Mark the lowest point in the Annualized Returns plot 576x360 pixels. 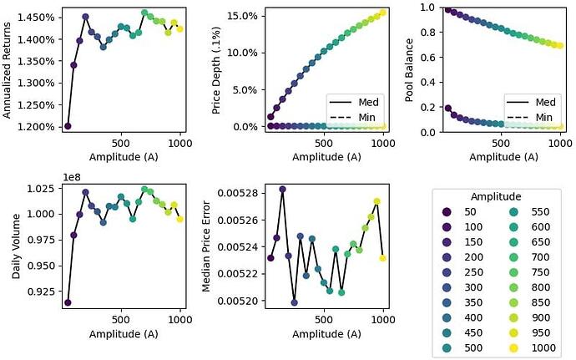click(68, 126)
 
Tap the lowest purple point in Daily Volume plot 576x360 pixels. click(68, 302)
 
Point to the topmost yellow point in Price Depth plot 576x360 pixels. click(383, 13)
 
